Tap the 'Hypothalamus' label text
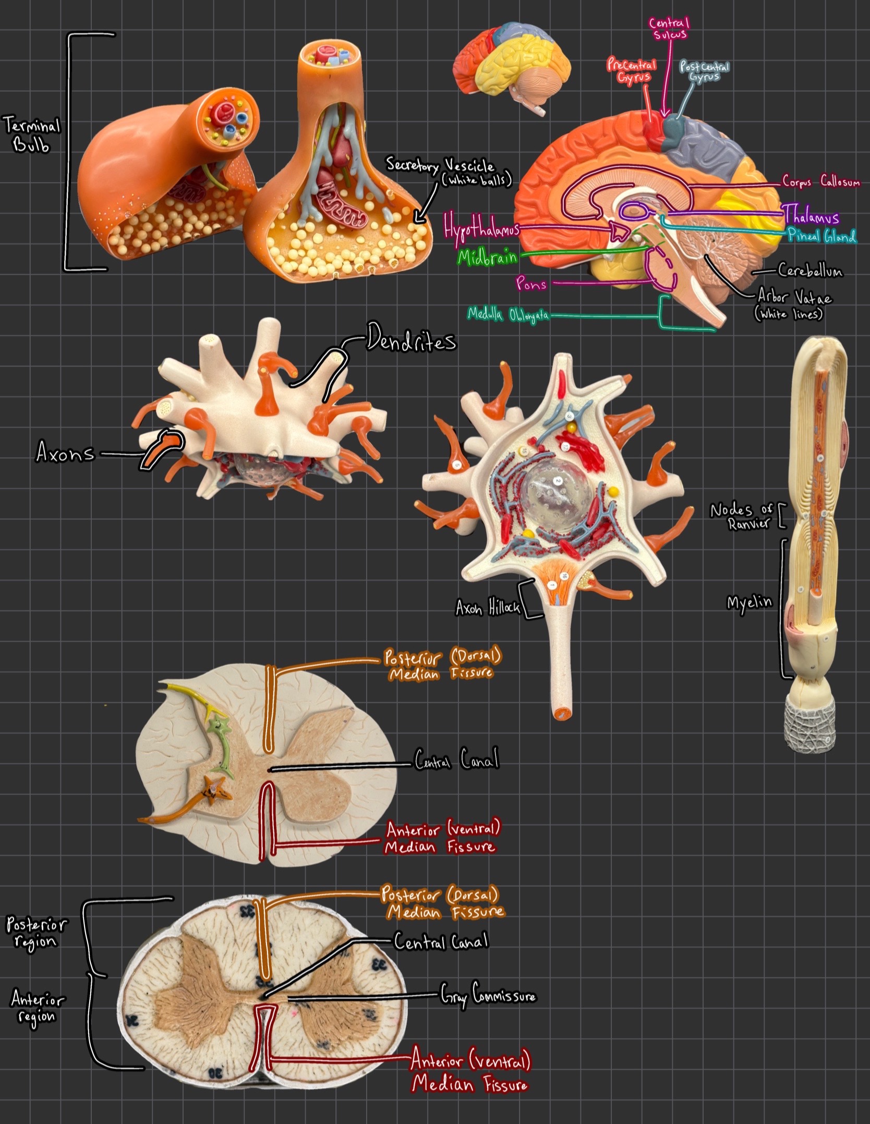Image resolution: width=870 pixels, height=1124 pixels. (481, 228)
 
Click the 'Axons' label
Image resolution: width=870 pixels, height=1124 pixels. (65, 451)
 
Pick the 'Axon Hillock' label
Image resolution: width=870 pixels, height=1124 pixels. (487, 608)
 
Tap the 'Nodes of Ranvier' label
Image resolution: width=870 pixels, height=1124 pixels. (741, 516)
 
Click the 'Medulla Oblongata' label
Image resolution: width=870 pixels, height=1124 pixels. (507, 315)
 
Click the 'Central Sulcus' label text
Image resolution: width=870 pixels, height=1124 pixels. (669, 29)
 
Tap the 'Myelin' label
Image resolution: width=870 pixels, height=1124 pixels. (750, 603)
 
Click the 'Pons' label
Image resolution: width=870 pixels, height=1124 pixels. (531, 284)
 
